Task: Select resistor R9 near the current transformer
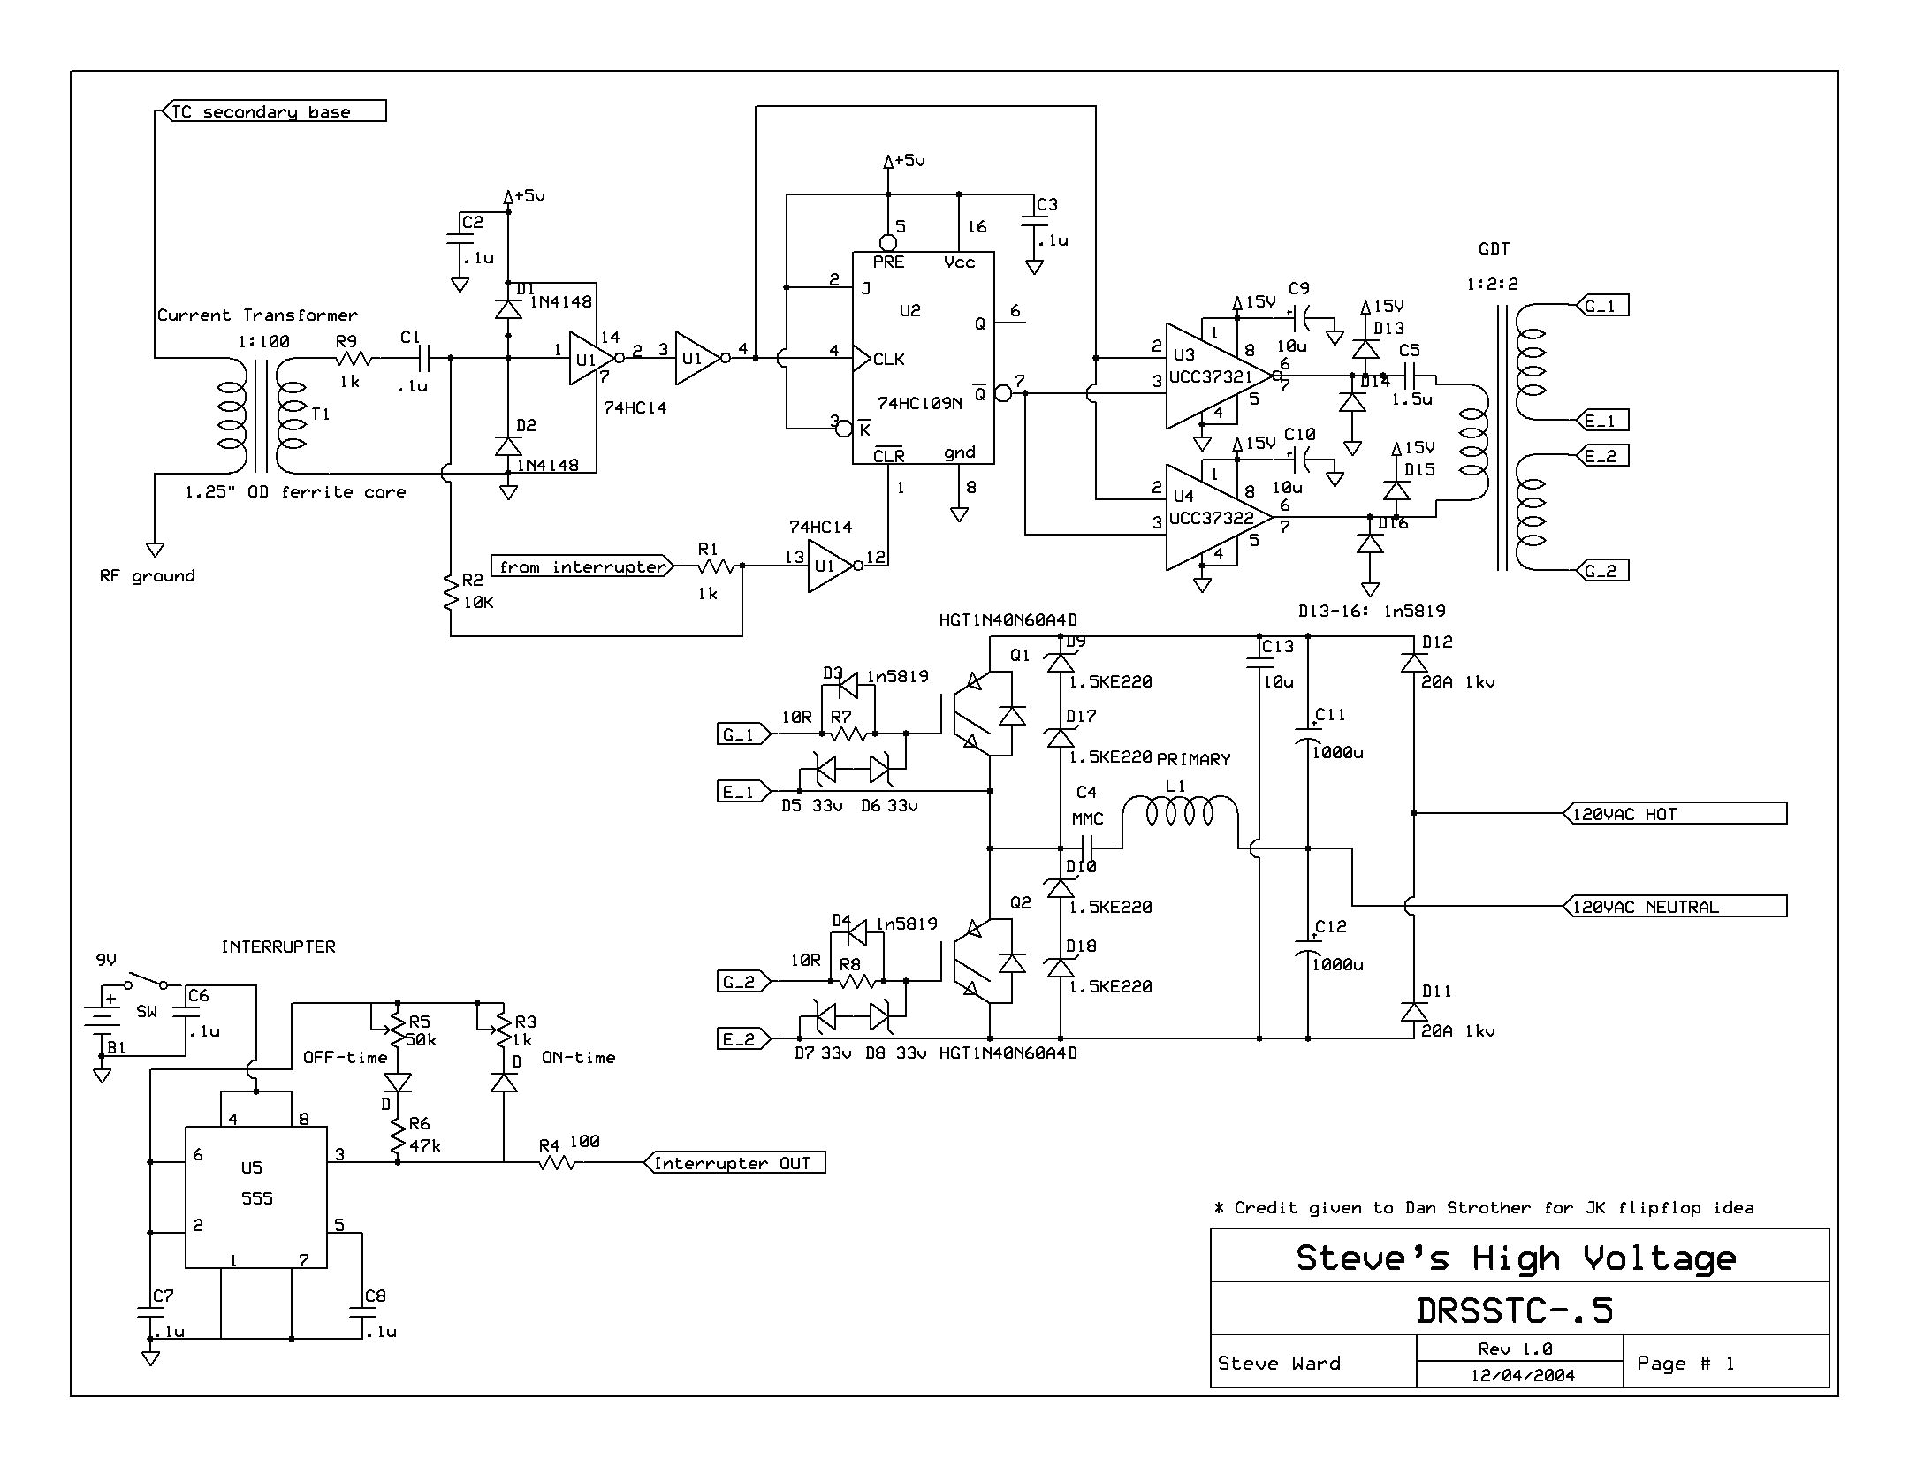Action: coord(354,358)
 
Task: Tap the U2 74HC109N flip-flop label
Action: coord(919,403)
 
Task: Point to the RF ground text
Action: coord(148,576)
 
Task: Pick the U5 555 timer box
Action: coord(255,1197)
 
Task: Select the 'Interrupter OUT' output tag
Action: coord(734,1163)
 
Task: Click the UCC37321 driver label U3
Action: coord(1210,376)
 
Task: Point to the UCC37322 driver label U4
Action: coord(1210,518)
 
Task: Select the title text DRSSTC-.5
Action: coord(1514,1310)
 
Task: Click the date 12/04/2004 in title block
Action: coord(1522,1375)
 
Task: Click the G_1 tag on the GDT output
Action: coord(1601,306)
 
